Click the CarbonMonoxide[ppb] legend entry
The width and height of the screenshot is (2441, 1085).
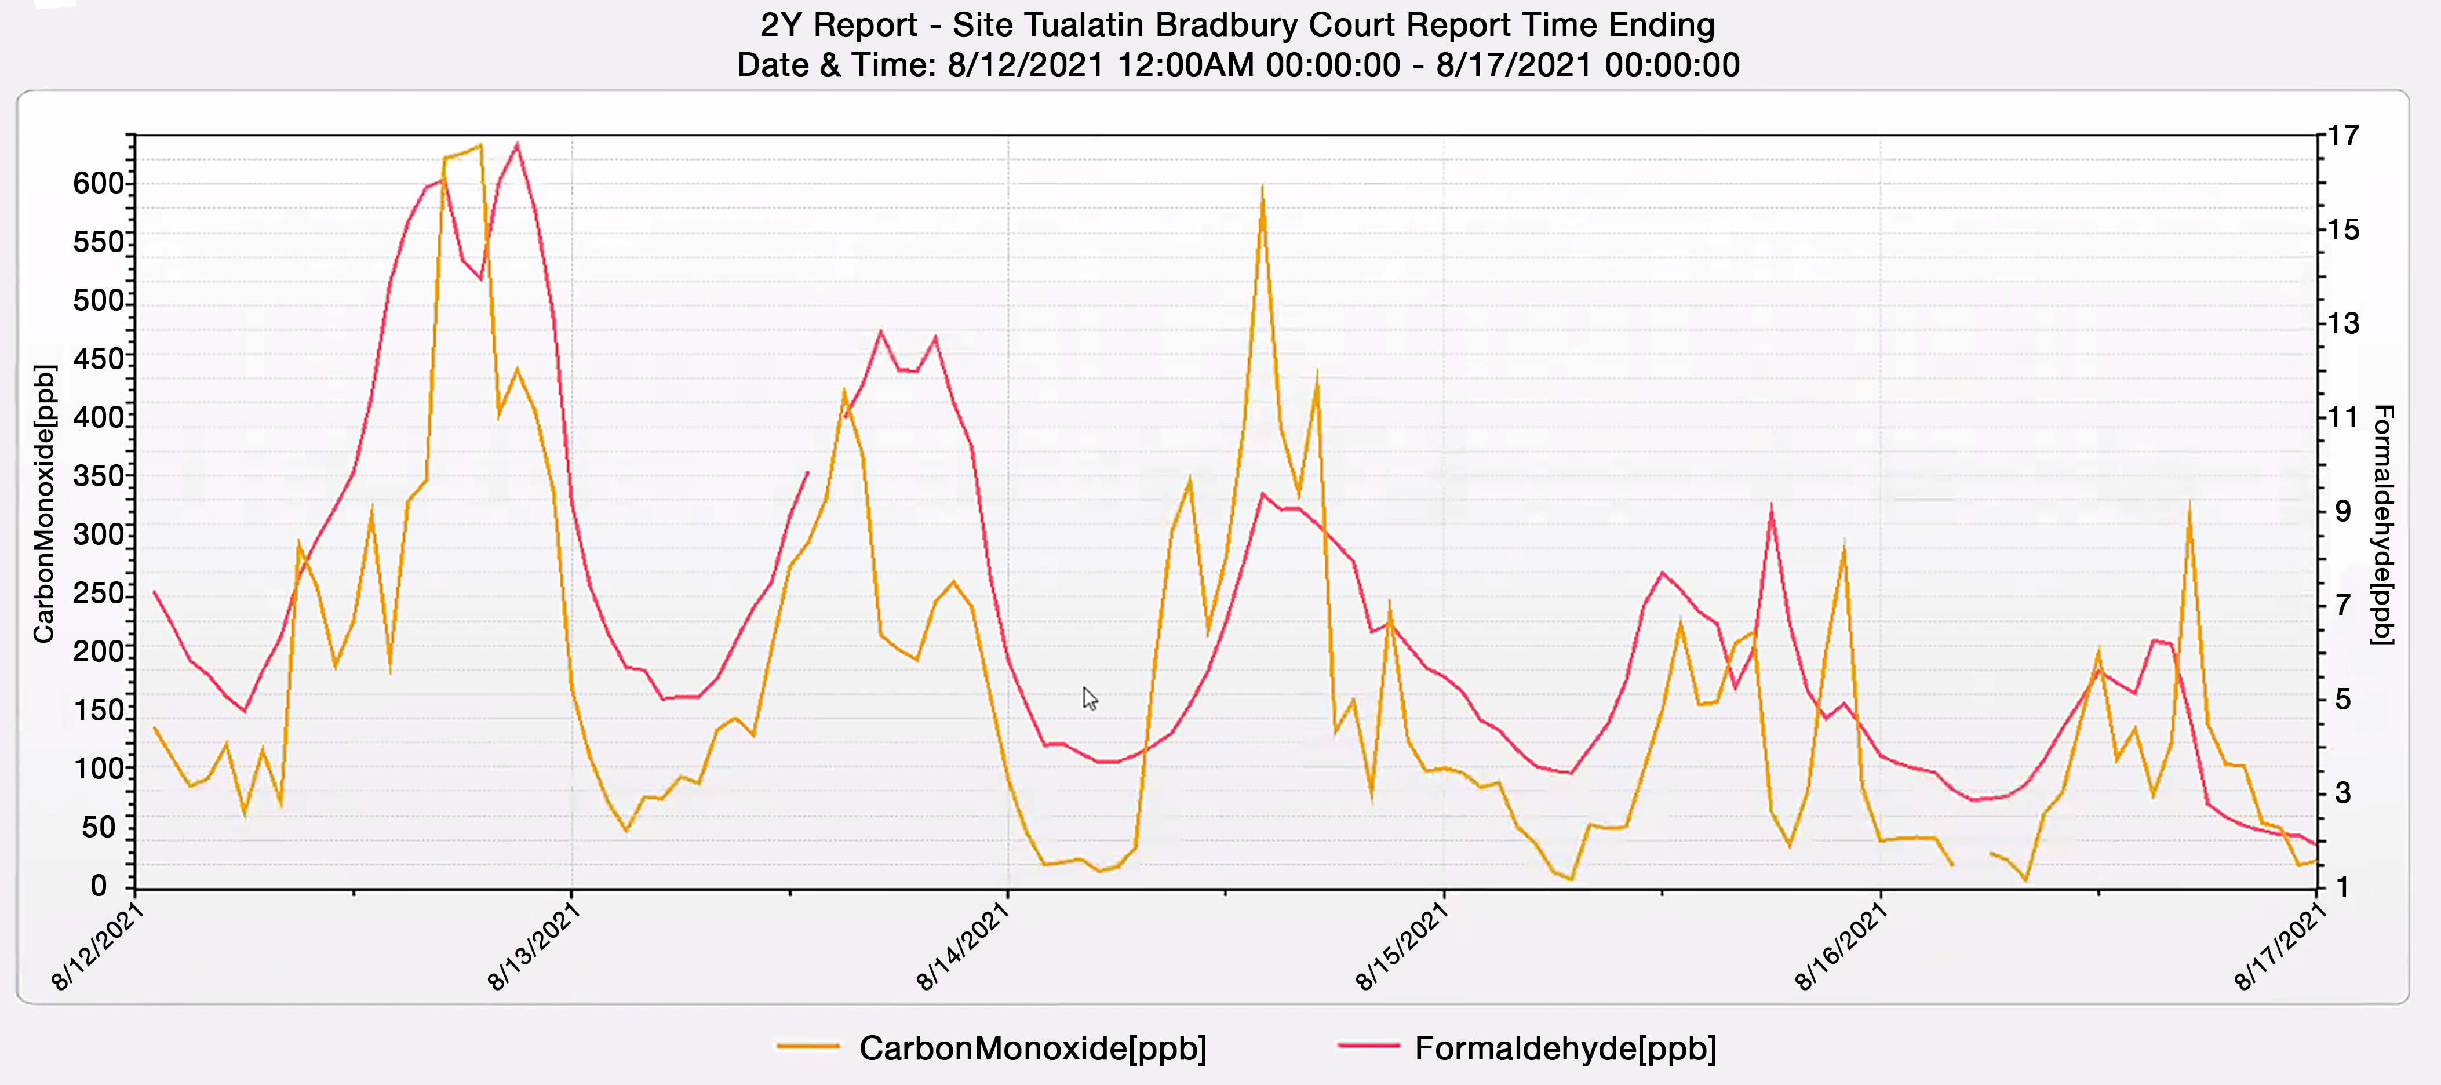tap(1031, 1048)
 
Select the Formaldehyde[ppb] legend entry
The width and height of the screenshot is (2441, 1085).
tap(1565, 1048)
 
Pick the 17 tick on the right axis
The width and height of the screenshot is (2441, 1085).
tap(2344, 136)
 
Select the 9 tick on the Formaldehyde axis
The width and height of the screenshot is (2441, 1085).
tap(2342, 512)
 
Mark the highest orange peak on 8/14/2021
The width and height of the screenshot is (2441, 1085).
tap(1262, 190)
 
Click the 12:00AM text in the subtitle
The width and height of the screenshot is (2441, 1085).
tap(1186, 65)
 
